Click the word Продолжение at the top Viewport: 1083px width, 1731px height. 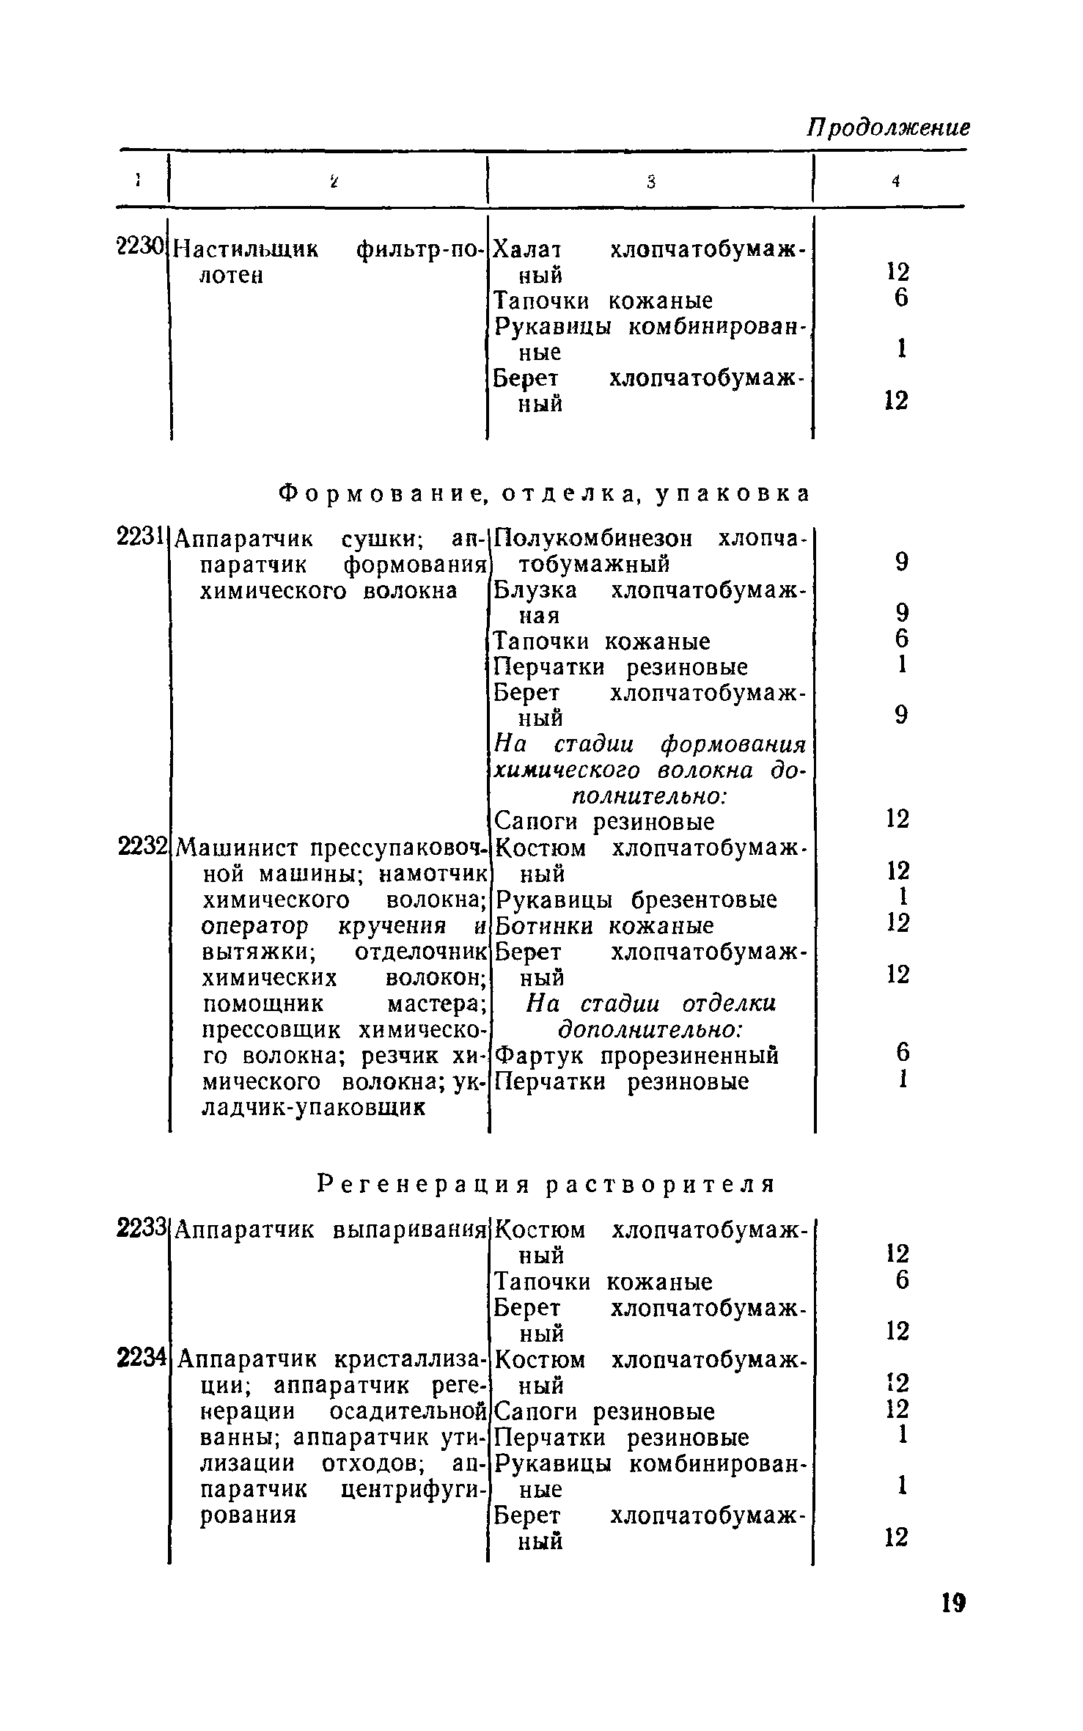point(888,128)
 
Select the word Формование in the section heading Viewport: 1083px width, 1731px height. point(381,494)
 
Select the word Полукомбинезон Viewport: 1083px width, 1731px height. point(593,539)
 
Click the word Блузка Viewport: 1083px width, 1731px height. point(535,590)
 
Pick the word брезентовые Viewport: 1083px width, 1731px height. point(705,900)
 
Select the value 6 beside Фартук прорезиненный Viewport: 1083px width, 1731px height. point(902,1053)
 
